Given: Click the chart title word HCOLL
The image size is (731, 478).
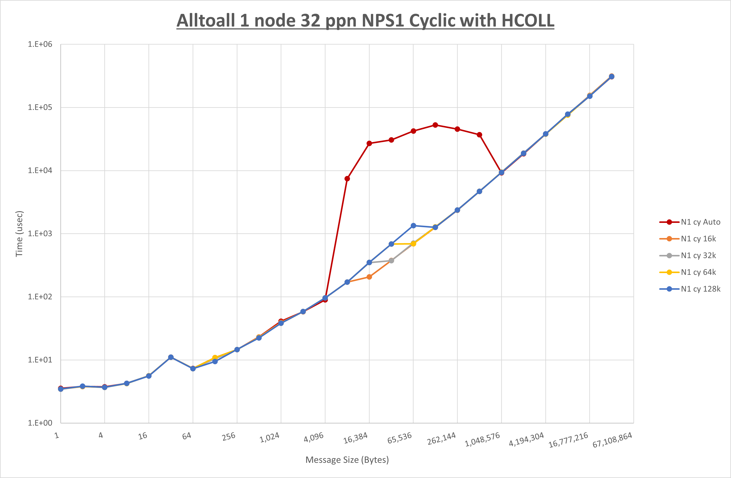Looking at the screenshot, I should pos(528,21).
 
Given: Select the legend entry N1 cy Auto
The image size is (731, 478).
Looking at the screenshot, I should pos(700,222).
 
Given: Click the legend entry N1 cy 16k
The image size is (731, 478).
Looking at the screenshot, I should pos(698,239).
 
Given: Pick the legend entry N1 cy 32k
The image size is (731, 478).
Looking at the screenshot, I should pos(698,256).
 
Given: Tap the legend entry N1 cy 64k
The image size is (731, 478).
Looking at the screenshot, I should pos(698,272).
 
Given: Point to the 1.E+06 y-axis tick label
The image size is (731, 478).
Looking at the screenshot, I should pos(40,44).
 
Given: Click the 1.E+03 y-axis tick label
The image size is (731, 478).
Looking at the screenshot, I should pos(40,233).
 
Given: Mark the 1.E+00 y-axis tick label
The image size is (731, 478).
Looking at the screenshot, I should pos(40,423).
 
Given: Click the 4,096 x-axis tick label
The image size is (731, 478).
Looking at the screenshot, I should pos(314,437).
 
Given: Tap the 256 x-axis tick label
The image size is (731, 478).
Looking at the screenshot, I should pos(229,436).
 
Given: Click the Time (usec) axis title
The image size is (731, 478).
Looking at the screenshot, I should pos(19,233).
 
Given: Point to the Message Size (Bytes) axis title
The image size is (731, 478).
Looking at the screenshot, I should pos(347,460).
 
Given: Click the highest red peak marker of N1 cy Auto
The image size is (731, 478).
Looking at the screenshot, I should pos(435,125).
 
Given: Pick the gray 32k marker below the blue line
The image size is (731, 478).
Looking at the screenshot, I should pos(391,261).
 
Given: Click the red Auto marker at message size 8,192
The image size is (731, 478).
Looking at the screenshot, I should pos(347,179).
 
